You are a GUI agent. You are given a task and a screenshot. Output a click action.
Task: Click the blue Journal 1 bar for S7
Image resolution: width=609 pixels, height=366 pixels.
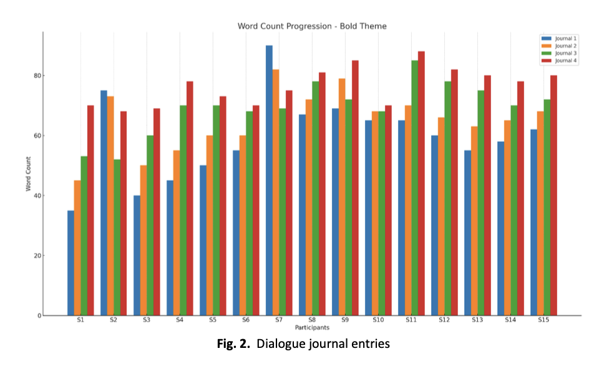(269, 181)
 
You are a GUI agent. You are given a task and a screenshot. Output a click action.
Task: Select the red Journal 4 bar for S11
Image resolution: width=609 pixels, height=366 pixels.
(421, 184)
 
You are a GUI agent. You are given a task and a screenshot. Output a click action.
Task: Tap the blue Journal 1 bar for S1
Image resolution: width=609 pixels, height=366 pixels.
(71, 263)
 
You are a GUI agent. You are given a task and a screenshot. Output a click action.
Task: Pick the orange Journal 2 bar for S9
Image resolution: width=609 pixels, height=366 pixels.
(342, 197)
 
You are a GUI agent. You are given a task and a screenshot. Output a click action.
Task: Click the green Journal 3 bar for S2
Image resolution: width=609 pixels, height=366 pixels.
(117, 237)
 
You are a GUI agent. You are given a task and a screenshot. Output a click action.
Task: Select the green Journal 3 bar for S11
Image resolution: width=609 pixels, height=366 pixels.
(415, 188)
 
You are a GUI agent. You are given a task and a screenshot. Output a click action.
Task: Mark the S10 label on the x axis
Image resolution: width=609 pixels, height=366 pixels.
(378, 320)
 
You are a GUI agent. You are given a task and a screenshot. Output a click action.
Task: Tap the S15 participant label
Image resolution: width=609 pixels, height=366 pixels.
(543, 320)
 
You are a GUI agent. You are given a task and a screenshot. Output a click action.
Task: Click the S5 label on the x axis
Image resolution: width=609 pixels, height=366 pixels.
(213, 320)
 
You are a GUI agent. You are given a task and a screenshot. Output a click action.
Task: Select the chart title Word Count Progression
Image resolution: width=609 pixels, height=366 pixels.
(312, 26)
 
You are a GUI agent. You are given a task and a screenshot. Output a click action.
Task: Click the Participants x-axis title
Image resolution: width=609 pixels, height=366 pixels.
(312, 327)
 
